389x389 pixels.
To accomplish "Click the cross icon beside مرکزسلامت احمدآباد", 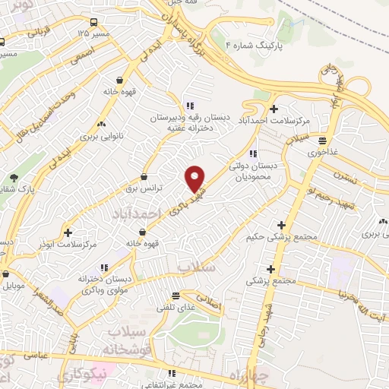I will click(x=274, y=109).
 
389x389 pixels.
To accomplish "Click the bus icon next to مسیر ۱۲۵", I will click(x=92, y=23).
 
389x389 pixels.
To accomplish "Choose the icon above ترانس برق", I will click(x=144, y=177).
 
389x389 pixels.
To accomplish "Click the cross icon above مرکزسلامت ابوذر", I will click(x=69, y=232).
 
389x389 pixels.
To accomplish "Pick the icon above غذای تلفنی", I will click(x=176, y=295).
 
